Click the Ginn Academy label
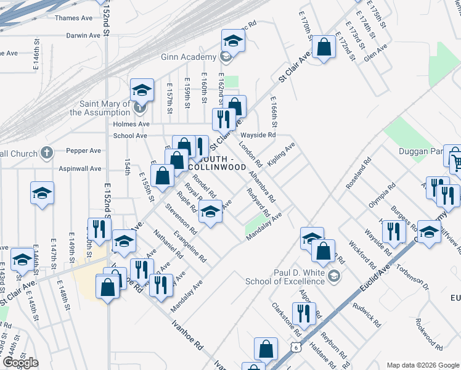coord(188,57)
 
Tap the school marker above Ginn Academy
coord(233,41)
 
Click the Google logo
coord(20,363)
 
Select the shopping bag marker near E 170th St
coord(323,47)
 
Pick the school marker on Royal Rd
coord(210,212)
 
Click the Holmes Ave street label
coord(114,123)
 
